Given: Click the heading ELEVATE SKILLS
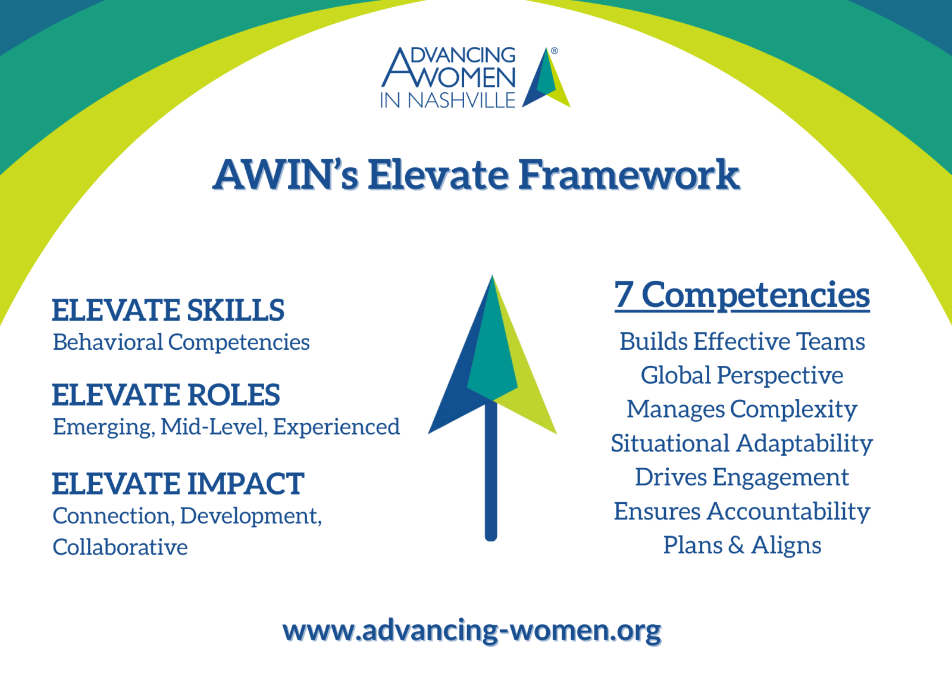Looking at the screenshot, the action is [168, 310].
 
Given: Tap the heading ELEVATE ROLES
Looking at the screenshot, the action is [166, 395].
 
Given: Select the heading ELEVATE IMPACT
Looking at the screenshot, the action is [178, 484].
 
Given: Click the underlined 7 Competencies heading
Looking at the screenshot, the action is [742, 296].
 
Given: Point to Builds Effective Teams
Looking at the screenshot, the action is [742, 341].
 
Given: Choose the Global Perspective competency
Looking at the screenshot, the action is [742, 376].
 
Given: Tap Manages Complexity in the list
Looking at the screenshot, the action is [742, 410].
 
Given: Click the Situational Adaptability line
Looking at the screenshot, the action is [742, 444].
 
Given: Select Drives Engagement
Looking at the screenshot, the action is [742, 478].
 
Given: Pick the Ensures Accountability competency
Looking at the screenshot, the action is [742, 512].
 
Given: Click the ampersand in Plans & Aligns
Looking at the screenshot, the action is [736, 546].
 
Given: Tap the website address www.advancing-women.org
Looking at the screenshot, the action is [472, 632].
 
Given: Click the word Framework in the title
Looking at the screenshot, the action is [629, 175].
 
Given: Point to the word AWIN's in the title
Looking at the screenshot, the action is [286, 175].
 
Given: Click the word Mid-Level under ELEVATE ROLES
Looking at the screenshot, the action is [214, 427].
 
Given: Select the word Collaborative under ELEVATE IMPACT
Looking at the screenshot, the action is [120, 547].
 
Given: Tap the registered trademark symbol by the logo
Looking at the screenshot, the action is [554, 51].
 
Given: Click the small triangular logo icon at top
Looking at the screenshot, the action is [546, 77].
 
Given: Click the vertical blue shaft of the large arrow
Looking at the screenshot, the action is [491, 471].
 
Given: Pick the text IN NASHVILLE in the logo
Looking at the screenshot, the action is [448, 101].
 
